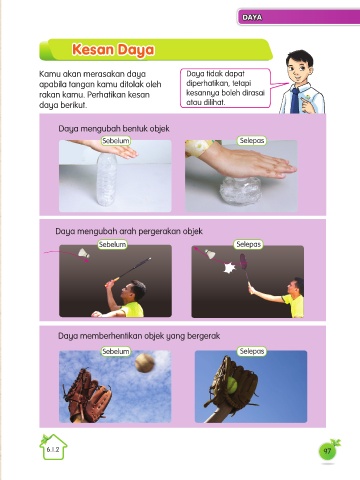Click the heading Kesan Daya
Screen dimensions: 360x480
(x=113, y=50)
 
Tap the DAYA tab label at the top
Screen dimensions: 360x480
(x=252, y=17)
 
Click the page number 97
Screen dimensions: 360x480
(x=327, y=451)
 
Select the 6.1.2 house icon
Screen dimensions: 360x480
(x=53, y=448)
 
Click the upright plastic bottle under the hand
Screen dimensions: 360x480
(x=107, y=179)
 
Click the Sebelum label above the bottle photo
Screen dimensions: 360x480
(x=116, y=141)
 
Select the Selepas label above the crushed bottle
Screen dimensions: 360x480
(x=252, y=141)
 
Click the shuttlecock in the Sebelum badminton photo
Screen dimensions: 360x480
(x=84, y=253)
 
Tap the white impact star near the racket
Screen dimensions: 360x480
(x=229, y=268)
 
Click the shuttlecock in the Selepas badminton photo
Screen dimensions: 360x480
(x=210, y=254)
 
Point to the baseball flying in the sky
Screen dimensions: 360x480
(x=145, y=363)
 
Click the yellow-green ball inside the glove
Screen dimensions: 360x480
(x=231, y=385)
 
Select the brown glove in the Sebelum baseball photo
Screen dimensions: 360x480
(x=87, y=395)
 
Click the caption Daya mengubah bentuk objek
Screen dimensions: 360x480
(x=114, y=129)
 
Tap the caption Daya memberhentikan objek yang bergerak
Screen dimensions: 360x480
(x=139, y=336)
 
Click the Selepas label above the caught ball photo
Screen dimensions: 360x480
(x=252, y=351)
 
